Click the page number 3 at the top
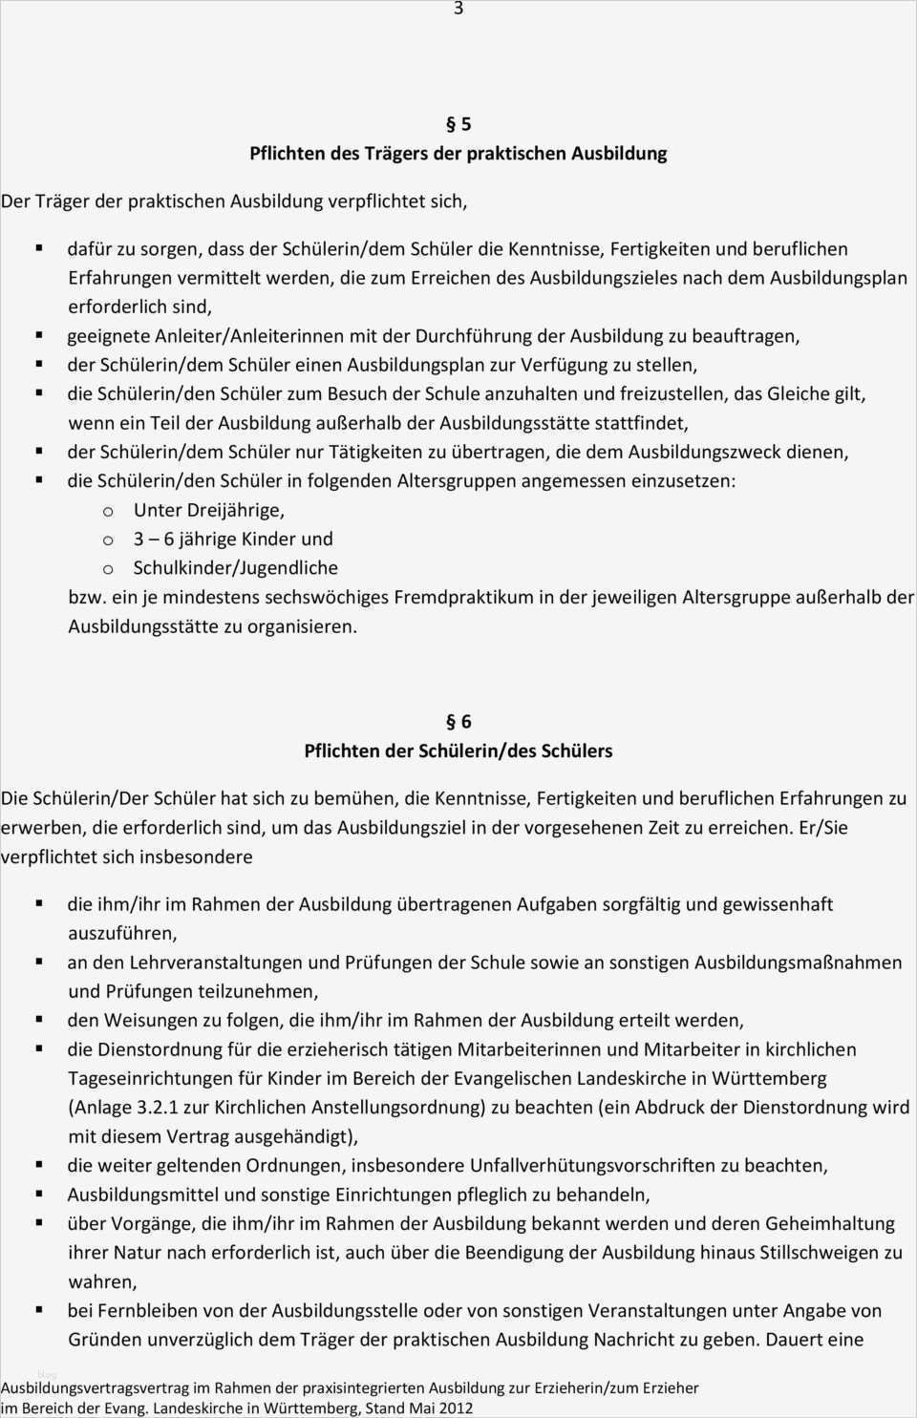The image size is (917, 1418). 458,9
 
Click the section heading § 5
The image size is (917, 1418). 458,124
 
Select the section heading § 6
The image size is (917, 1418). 458,722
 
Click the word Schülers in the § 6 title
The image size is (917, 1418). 577,751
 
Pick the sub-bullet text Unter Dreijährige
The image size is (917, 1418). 209,510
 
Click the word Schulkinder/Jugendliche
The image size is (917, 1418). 236,568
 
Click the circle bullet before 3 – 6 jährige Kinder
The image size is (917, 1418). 108,540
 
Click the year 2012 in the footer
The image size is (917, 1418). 456,1407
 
